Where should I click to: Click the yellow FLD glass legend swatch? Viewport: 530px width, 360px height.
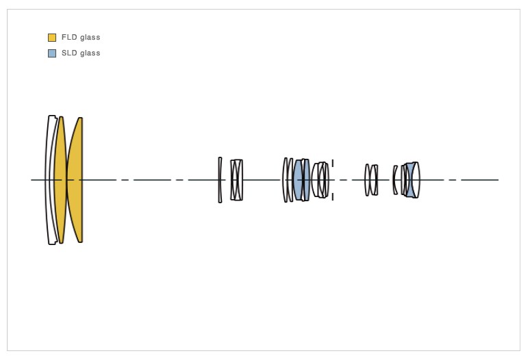click(52, 38)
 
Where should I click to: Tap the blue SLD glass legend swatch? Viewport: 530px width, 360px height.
click(52, 53)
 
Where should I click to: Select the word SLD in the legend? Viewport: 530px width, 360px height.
click(69, 53)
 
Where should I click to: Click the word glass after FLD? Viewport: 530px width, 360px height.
click(90, 38)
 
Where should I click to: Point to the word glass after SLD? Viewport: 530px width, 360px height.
click(90, 53)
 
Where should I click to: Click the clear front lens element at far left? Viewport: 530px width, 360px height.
click(50, 180)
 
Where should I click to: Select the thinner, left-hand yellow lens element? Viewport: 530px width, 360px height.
click(60, 180)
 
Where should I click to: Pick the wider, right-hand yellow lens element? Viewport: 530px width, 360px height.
click(75, 180)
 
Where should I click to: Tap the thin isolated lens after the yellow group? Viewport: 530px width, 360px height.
click(220, 180)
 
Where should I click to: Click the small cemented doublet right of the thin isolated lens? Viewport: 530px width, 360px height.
click(236, 180)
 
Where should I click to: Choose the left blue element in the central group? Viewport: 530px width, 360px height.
click(298, 180)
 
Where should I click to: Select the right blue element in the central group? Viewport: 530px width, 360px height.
click(306, 180)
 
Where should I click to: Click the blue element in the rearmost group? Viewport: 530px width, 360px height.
click(409, 180)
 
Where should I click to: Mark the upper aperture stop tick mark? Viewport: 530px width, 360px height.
click(333, 163)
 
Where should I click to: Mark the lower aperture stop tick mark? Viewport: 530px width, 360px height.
click(333, 197)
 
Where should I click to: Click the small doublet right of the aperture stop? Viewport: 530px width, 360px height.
click(371, 180)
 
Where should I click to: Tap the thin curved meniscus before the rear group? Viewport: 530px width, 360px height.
click(395, 180)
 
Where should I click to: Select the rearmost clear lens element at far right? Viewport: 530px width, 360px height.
click(417, 180)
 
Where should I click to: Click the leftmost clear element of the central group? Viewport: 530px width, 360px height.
click(285, 180)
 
